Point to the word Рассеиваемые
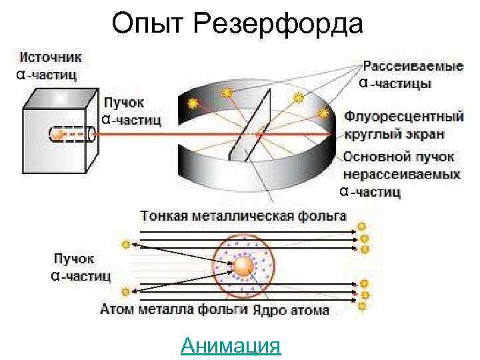pos(413,67)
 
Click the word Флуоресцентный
pos(404,117)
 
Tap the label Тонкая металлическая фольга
pos(243,215)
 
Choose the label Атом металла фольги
pos(174,309)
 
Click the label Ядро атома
pos(291,310)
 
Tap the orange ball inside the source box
pos(58,135)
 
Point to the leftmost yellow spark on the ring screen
pos(193,103)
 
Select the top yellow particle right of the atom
pos(363,227)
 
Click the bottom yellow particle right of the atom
pos(362,307)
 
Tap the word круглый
pos(369,133)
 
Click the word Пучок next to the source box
pos(123,104)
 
